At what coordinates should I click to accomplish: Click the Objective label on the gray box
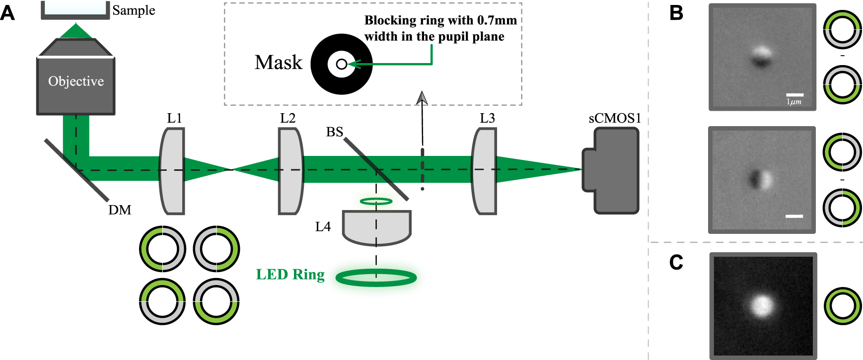76,81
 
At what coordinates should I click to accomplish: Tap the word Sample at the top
134,10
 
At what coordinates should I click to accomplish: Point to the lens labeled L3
484,171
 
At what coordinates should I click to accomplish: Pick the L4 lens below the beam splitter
376,227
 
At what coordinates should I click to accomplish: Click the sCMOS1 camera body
614,170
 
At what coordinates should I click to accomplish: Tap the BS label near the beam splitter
334,132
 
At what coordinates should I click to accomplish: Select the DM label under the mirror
120,210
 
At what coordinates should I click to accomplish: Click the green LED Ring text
290,274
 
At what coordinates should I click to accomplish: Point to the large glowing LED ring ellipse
376,278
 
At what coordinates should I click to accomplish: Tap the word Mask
278,63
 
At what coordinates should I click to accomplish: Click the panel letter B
676,13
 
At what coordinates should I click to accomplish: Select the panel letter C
676,262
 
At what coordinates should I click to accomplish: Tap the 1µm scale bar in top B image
794,95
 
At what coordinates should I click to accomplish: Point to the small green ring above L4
376,201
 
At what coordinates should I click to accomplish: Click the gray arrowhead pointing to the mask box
422,98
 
